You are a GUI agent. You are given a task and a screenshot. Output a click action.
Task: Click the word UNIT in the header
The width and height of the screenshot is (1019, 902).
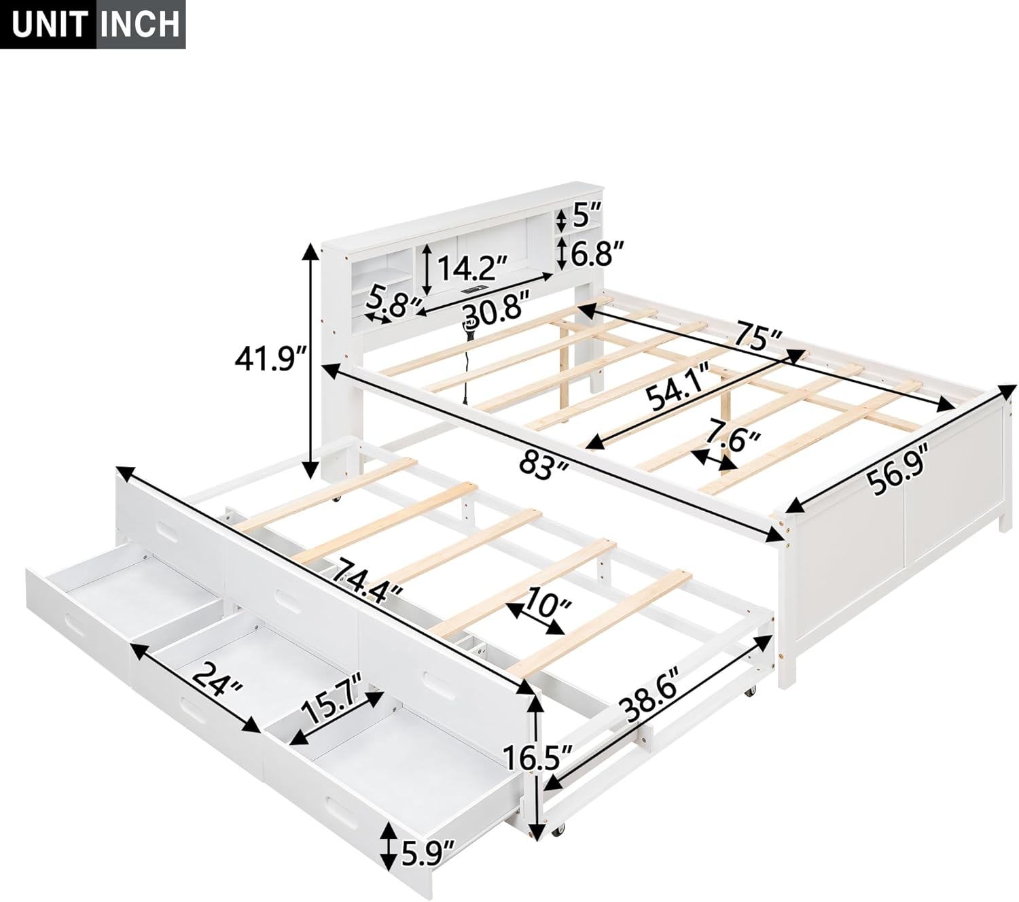pyautogui.click(x=48, y=24)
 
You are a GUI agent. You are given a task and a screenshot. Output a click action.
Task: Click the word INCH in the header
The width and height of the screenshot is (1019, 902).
pyautogui.click(x=141, y=24)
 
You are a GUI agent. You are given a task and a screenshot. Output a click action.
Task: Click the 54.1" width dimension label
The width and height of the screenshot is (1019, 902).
pyautogui.click(x=679, y=396)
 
